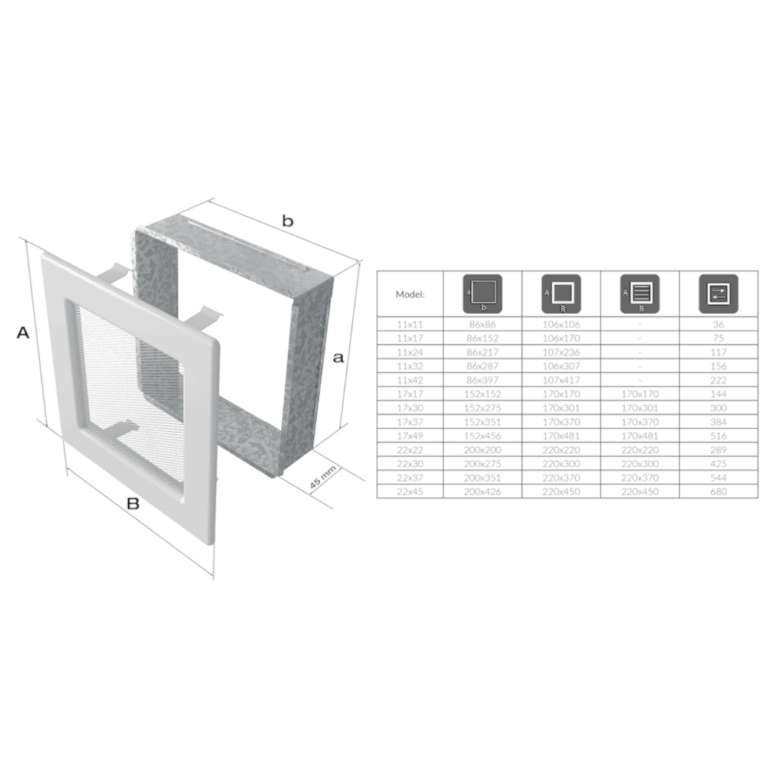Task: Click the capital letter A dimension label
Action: click(x=22, y=332)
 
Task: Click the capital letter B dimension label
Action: click(x=133, y=504)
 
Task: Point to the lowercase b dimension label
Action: click(x=287, y=221)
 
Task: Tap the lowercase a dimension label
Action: click(x=338, y=358)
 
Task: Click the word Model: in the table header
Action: click(x=410, y=295)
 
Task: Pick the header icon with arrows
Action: click(x=718, y=294)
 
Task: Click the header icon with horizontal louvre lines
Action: click(x=640, y=294)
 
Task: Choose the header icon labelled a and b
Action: click(x=482, y=294)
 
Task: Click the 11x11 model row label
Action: click(x=410, y=324)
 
